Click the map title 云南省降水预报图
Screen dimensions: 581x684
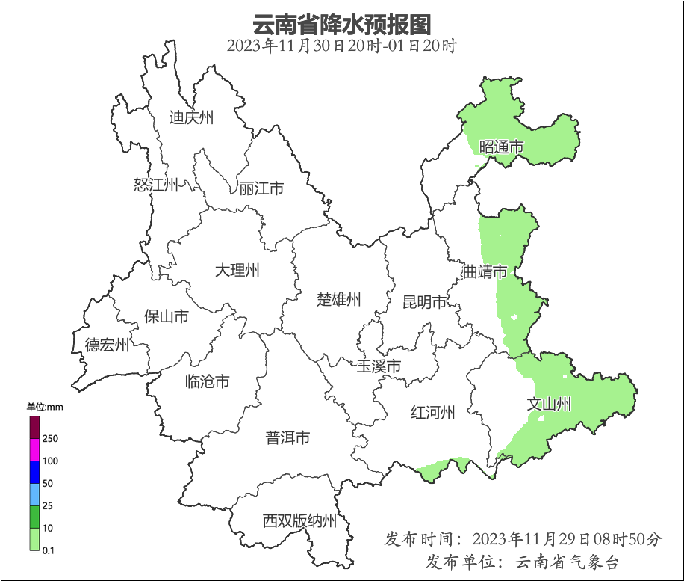coord(342,24)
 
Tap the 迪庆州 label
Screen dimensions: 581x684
coord(191,117)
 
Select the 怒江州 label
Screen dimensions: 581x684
coord(156,185)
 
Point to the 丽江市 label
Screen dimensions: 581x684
coord(261,188)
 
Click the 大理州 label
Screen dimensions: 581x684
coord(237,270)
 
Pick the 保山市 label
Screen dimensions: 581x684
coord(166,316)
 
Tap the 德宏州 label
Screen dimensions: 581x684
coord(107,345)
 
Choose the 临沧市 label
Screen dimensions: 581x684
coord(207,382)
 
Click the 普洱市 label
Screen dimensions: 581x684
coord(287,438)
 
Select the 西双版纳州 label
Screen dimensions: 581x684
coord(299,521)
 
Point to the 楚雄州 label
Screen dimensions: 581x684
coord(339,300)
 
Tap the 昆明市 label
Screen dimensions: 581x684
coord(424,302)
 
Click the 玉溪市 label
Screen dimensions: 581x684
coord(379,366)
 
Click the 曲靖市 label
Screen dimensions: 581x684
coord(485,271)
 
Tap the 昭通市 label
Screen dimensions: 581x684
coord(501,147)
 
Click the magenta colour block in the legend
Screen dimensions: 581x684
coord(34,449)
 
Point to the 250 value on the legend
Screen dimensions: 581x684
coord(51,438)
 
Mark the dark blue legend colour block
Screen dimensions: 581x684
coord(34,472)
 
